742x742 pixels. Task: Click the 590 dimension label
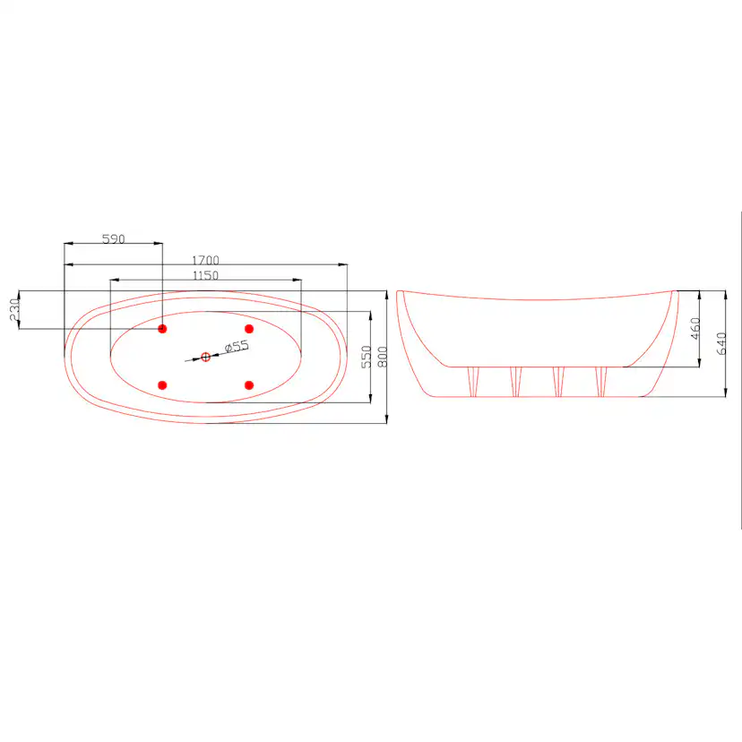click(x=114, y=239)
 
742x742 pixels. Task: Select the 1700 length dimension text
click(x=205, y=260)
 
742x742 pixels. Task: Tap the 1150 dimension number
click(x=205, y=275)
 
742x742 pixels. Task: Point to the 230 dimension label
click(x=14, y=309)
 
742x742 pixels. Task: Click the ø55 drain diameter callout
click(x=237, y=347)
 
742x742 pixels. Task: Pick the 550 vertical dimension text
click(x=367, y=357)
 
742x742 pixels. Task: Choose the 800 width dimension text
click(x=383, y=357)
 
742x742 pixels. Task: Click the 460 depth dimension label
click(x=695, y=328)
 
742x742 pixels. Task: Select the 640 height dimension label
click(x=721, y=343)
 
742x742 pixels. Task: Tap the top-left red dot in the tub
click(x=162, y=329)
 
